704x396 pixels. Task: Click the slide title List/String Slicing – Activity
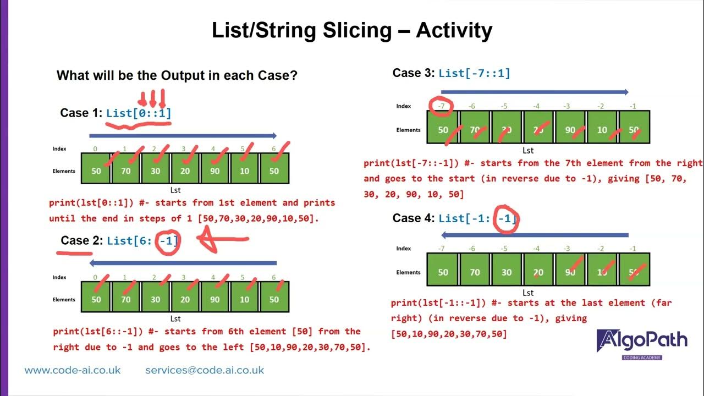[x=352, y=30]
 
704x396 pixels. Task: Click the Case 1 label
[x=81, y=113]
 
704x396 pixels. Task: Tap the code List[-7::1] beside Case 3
[x=474, y=73]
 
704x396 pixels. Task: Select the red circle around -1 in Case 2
[x=168, y=241]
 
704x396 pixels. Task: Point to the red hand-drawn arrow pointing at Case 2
[x=223, y=239]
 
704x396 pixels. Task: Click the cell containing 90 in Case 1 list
[x=215, y=170]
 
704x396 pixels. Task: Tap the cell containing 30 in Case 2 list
[x=156, y=300]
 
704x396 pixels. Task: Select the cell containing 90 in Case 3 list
[x=570, y=130]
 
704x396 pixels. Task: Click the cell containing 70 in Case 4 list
[x=475, y=272]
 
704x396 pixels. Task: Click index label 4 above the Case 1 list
[x=213, y=149]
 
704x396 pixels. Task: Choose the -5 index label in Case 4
[x=504, y=249]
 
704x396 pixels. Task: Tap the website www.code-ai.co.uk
[x=73, y=370]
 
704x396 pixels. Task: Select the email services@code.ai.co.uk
[x=205, y=370]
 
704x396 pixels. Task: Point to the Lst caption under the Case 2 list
[x=175, y=318]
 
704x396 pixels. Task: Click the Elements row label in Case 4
[x=408, y=272]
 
